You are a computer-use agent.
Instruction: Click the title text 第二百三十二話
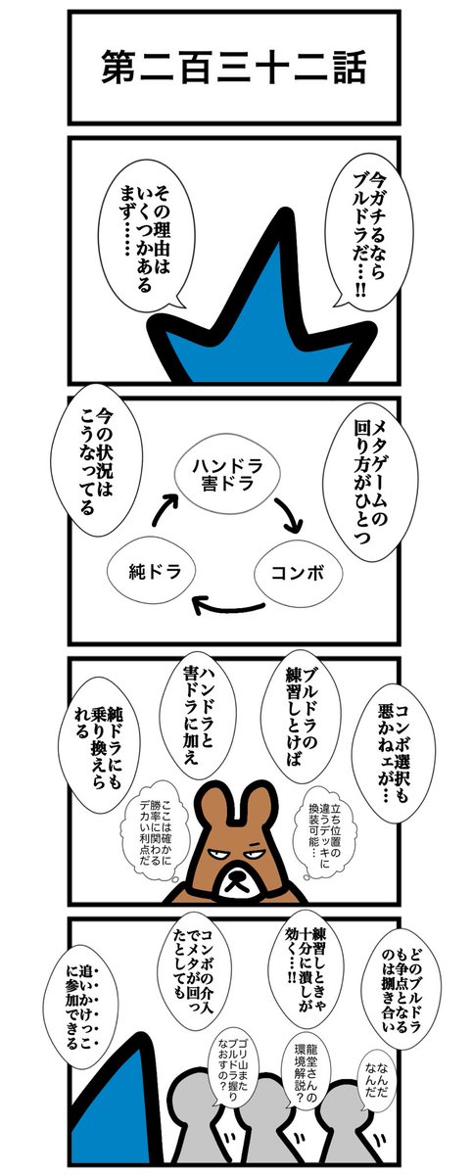pyautogui.click(x=232, y=69)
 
